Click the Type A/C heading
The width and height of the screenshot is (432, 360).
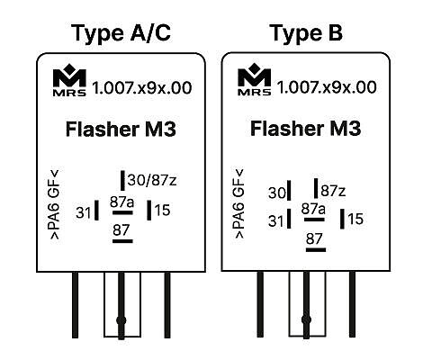pos(121,33)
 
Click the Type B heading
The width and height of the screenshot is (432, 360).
pos(306,33)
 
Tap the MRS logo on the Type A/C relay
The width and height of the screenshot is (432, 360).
pos(69,80)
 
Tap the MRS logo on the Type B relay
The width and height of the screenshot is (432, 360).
pos(255,79)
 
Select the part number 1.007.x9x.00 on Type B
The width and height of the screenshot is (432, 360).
pos(327,87)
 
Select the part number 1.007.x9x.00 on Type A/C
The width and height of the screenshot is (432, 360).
pos(142,88)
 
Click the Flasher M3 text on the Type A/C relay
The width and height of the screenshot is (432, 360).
pos(121,129)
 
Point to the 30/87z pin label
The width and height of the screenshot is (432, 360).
pos(152,180)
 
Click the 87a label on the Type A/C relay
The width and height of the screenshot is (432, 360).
pos(121,202)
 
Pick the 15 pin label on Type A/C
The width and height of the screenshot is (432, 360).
pos(163,210)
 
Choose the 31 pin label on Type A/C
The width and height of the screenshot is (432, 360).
pos(84,212)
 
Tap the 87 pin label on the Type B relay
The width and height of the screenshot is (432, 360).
pos(314,238)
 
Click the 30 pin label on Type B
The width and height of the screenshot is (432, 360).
pos(277,193)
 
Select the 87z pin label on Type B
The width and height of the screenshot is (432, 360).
pos(333,191)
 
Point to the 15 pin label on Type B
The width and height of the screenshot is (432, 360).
pos(355,219)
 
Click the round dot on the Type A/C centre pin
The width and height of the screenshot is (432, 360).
pos(121,320)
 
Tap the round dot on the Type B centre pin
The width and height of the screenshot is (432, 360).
pos(306,319)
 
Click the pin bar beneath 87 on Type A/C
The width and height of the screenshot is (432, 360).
pos(122,241)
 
